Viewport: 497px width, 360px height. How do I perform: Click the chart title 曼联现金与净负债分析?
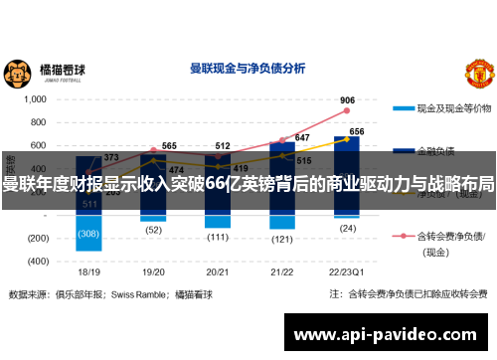[247, 69]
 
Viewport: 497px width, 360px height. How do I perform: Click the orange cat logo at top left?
[18, 73]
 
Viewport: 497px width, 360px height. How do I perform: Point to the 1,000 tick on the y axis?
[35, 99]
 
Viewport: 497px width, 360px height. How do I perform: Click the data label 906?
[347, 100]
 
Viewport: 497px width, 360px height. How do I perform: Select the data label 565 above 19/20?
[169, 146]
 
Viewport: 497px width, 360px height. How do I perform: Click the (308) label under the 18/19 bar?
[89, 235]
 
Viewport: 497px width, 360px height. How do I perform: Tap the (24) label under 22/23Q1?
[348, 228]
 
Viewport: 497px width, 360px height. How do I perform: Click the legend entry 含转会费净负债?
[451, 239]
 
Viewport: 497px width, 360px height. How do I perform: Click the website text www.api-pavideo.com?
[391, 335]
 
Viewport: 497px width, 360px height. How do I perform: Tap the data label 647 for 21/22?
[302, 138]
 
